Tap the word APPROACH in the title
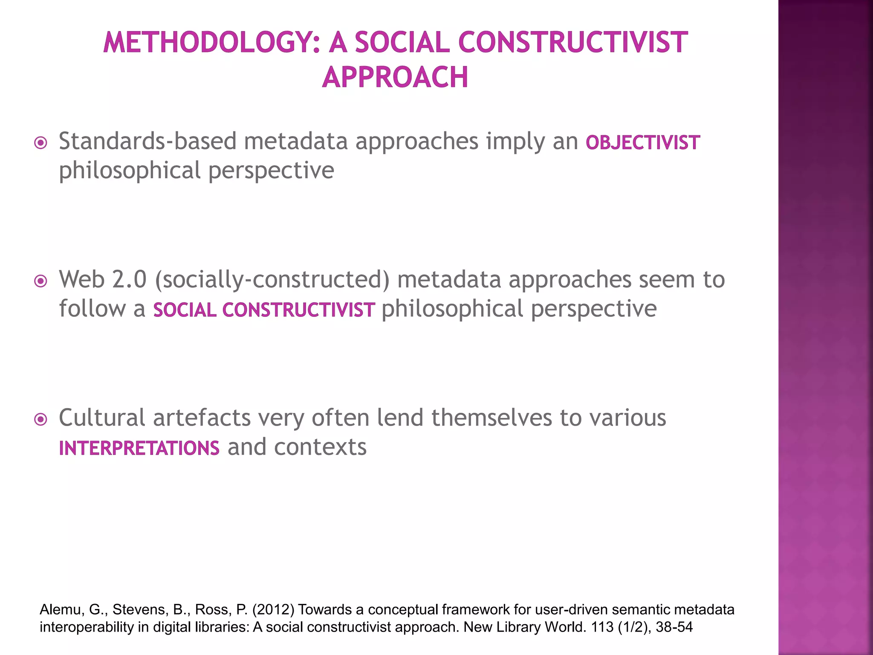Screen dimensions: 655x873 point(395,77)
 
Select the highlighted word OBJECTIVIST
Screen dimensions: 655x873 point(642,143)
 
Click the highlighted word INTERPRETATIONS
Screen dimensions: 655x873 point(139,448)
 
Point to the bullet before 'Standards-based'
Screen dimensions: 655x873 point(40,142)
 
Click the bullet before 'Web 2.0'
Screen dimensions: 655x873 point(40,281)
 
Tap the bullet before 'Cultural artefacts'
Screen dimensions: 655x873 point(40,419)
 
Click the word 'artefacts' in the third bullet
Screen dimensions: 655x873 point(202,418)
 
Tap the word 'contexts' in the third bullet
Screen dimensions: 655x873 point(320,447)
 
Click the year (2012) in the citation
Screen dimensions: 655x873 point(273,610)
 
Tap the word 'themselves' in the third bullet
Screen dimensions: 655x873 point(491,418)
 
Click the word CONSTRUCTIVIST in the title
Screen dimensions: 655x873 point(573,43)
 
